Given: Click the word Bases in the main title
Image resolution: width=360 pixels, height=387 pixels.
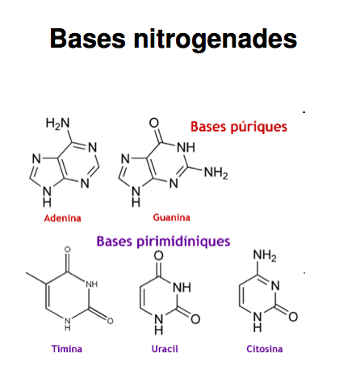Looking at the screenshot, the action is tap(88, 39).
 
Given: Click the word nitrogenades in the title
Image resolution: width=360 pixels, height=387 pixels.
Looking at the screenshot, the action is tap(216, 40).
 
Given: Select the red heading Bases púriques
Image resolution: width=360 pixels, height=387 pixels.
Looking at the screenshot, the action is tap(239, 127).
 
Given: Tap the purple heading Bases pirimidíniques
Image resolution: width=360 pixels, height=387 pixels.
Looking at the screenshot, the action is tap(163, 241).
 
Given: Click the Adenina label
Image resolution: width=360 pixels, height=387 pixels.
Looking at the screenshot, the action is tap(62, 218).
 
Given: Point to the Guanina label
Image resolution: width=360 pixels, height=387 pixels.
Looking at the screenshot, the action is tap(171, 217).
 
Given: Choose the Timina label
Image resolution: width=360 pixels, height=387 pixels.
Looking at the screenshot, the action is tap(67, 349).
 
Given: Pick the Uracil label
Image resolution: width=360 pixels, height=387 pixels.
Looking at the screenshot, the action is tap(165, 349).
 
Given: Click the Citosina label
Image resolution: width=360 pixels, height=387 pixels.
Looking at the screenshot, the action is tap(265, 349).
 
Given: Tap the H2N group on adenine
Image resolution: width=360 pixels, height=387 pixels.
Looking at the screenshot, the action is tap(57, 124).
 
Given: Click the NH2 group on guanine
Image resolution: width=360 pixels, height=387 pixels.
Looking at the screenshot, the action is tap(216, 173).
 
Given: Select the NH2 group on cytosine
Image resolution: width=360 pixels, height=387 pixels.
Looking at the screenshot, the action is tap(265, 255).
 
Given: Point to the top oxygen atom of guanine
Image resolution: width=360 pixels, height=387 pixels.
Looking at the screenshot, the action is tap(154, 123).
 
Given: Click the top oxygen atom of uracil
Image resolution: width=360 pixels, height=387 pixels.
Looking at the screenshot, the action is tap(158, 255).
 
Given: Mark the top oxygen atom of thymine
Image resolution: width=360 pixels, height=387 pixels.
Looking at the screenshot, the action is tap(68, 250).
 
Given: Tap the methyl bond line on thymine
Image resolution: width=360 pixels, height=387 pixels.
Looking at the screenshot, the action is tap(36, 278).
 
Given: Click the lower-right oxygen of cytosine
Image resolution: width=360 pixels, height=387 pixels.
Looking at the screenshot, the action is tap(293, 317).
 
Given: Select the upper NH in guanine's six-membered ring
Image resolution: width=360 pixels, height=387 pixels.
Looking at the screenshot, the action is tap(186, 148).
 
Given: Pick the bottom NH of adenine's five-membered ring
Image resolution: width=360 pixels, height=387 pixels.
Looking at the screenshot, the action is tap(47, 196).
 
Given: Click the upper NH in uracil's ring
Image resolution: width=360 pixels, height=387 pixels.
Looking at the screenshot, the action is tap(182, 288).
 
